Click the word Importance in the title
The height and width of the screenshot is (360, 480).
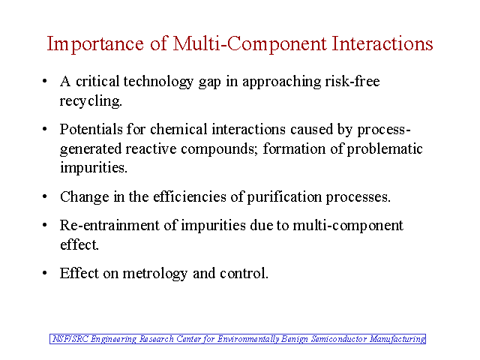tap(95, 44)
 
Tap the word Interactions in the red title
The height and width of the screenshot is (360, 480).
tap(382, 43)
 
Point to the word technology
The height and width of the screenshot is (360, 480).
tap(158, 82)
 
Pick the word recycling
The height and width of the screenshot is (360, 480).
tap(91, 102)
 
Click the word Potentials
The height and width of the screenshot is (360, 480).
tap(91, 129)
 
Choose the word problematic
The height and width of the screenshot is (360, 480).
tap(385, 150)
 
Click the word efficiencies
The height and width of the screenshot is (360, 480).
tap(190, 196)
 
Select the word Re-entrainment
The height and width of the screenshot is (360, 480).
tap(109, 225)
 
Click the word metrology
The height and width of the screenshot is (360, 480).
tap(155, 274)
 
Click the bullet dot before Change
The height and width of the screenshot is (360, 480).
tap(45, 196)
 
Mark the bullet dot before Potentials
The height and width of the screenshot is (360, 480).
tap(45, 129)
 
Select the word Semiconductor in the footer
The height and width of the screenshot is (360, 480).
tap(339, 339)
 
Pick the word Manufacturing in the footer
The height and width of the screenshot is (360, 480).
tap(397, 340)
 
